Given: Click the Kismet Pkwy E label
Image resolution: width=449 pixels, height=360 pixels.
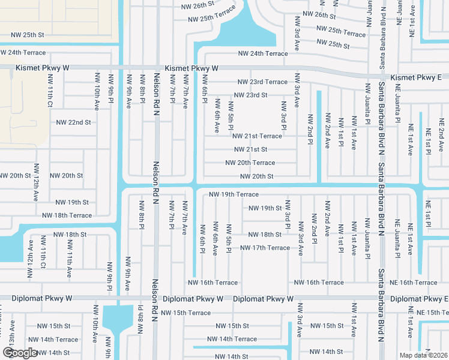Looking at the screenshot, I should pos(415,78).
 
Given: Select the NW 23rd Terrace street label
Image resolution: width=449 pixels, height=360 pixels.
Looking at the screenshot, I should pos(262,82).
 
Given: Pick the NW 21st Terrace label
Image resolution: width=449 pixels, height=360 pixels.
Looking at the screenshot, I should pos(257,136).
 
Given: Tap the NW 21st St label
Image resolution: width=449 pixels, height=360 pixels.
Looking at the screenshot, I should pos(250,149).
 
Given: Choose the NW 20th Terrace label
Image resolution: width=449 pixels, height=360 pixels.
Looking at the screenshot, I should pos(250,163).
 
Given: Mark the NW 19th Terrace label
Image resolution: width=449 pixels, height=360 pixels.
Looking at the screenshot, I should pos(234,194).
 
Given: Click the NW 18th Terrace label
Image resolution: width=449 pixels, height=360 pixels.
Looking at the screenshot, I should pos(67,215).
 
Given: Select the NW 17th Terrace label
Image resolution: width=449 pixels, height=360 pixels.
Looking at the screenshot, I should pos(265,248).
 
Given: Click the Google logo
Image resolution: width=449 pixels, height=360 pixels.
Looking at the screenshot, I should pos(20,353).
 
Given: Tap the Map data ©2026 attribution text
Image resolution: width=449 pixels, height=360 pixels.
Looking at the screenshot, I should pos(423,355).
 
